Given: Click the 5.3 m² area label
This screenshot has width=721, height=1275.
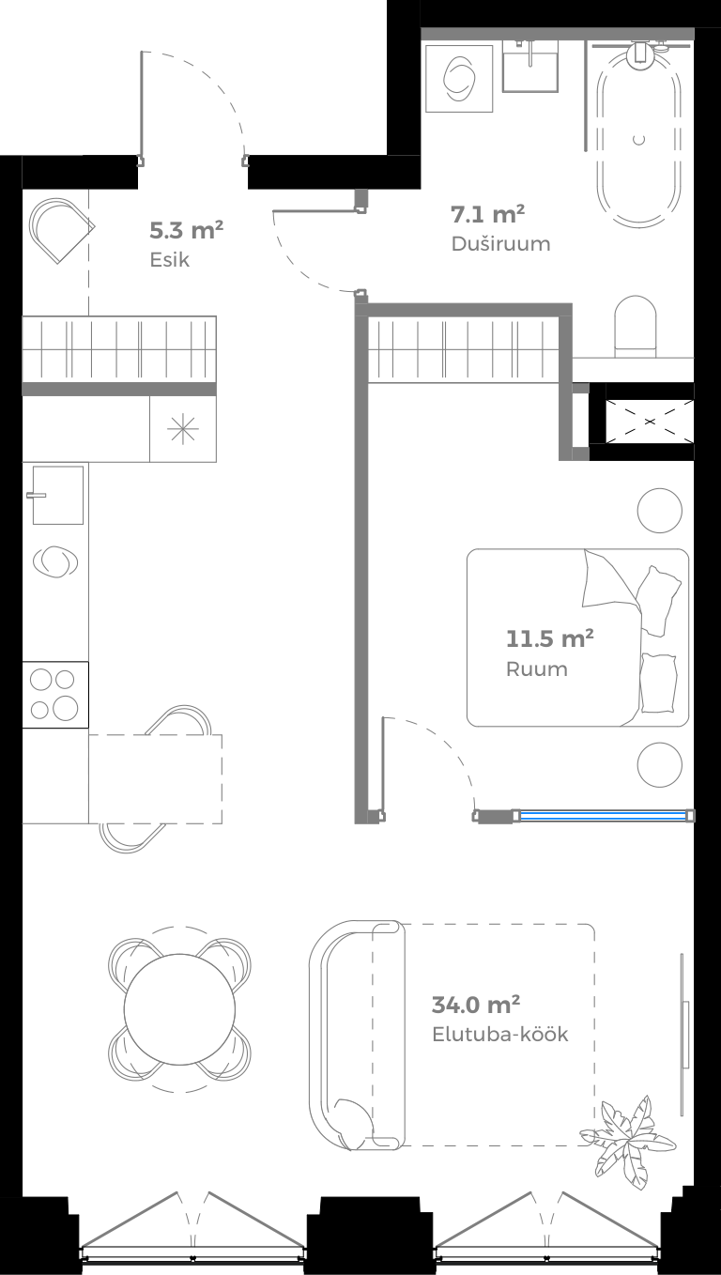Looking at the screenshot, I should pyautogui.click(x=186, y=229).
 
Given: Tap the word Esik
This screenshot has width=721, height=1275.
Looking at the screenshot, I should pyautogui.click(x=169, y=259).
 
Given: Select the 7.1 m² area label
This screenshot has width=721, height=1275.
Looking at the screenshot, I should pyautogui.click(x=487, y=214).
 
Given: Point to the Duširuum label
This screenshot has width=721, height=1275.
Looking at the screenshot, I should pyautogui.click(x=500, y=244).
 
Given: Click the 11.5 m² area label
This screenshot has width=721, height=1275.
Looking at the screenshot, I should pyautogui.click(x=549, y=640).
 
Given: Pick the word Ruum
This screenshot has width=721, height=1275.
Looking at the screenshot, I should pyautogui.click(x=536, y=669).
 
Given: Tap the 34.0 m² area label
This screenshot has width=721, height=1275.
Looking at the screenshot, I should pyautogui.click(x=476, y=1005).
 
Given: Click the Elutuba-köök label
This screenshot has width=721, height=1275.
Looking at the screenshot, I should pyautogui.click(x=500, y=1035).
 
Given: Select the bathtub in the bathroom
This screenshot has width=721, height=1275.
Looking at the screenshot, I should pyautogui.click(x=639, y=131).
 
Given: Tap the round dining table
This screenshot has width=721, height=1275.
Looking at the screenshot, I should pyautogui.click(x=179, y=1009).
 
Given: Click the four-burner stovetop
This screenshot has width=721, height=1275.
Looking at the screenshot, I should pyautogui.click(x=54, y=695).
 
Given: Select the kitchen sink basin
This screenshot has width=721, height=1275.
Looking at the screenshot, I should pyautogui.click(x=57, y=495).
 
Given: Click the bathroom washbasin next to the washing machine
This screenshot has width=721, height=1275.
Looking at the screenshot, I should pyautogui.click(x=530, y=66).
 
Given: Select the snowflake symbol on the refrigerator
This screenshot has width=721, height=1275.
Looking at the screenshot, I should pyautogui.click(x=183, y=429).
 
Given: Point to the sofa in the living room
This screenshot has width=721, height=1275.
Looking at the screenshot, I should pyautogui.click(x=352, y=1035).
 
